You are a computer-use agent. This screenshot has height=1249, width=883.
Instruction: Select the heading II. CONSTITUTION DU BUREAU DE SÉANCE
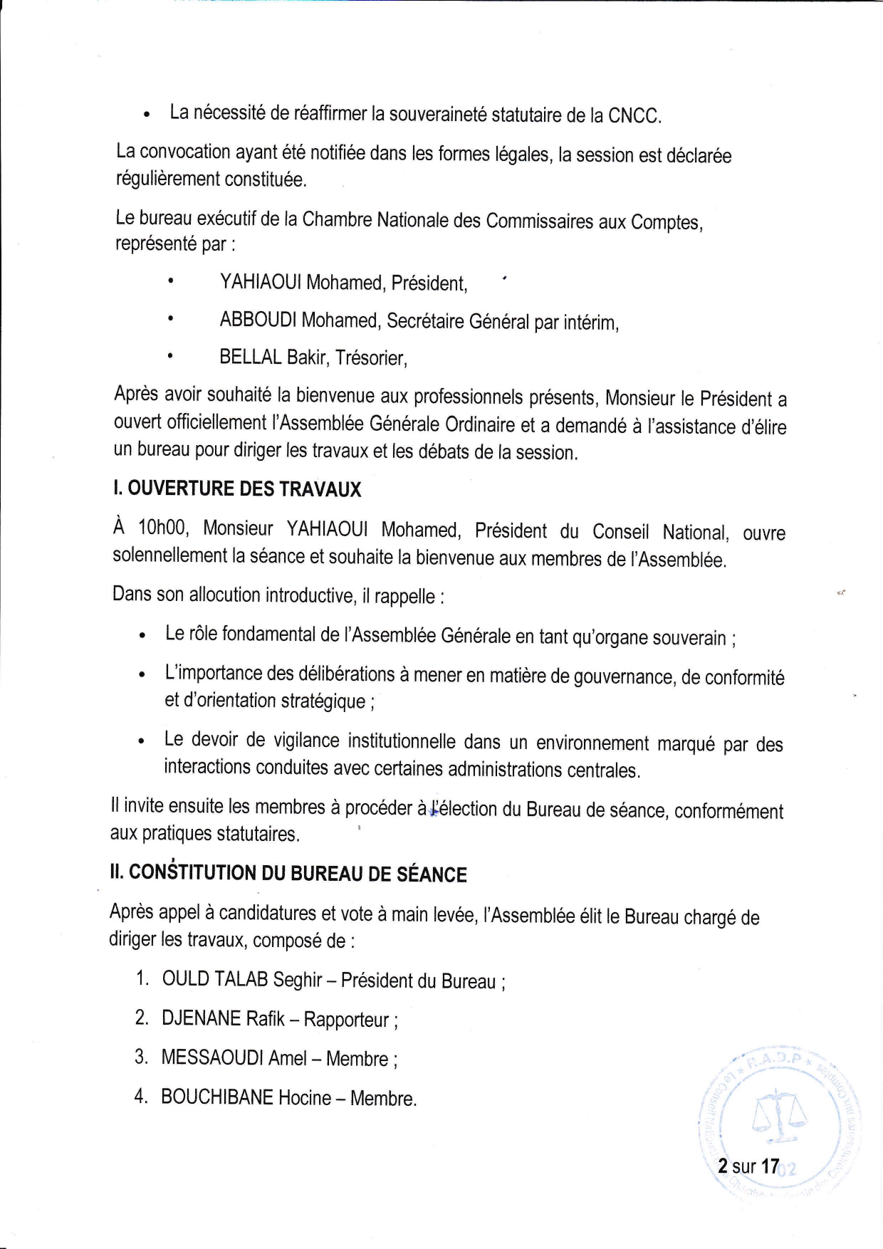pyautogui.click(x=288, y=873)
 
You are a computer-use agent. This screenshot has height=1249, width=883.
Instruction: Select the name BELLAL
pyautogui.click(x=251, y=357)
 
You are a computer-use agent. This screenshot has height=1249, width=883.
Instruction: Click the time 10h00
pyautogui.click(x=162, y=528)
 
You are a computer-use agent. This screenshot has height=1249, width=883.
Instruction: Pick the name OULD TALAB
pyautogui.click(x=214, y=979)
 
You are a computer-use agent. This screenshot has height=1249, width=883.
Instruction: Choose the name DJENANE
pyautogui.click(x=202, y=1018)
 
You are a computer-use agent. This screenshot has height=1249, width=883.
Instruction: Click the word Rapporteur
pyautogui.click(x=347, y=1020)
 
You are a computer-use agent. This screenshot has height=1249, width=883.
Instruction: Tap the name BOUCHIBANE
pyautogui.click(x=217, y=1097)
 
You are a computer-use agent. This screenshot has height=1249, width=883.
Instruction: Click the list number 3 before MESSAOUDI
pyautogui.click(x=140, y=1057)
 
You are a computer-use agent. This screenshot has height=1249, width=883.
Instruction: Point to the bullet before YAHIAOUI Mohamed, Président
pyautogui.click(x=170, y=283)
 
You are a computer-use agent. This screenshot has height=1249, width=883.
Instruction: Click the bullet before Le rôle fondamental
pyautogui.click(x=144, y=634)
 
